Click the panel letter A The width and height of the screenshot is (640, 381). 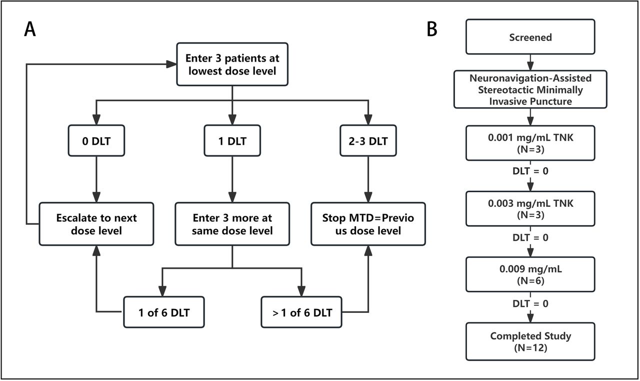point(30,30)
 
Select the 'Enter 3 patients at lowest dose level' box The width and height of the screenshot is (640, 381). point(232,64)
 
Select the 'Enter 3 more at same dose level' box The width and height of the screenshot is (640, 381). point(232,224)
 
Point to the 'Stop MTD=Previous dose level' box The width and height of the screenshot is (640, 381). point(368,224)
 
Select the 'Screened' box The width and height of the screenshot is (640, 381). point(530,37)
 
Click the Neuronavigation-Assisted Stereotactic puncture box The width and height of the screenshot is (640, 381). point(530,89)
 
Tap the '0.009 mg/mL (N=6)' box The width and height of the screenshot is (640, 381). point(530,274)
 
